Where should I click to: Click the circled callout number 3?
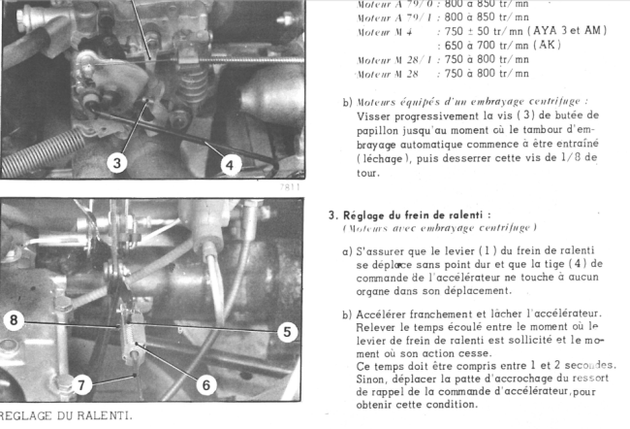(117, 163)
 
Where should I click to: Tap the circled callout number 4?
(229, 165)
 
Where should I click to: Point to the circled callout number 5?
(286, 332)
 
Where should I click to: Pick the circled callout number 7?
(83, 384)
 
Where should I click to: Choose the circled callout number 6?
(205, 384)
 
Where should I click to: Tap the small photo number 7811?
(290, 186)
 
